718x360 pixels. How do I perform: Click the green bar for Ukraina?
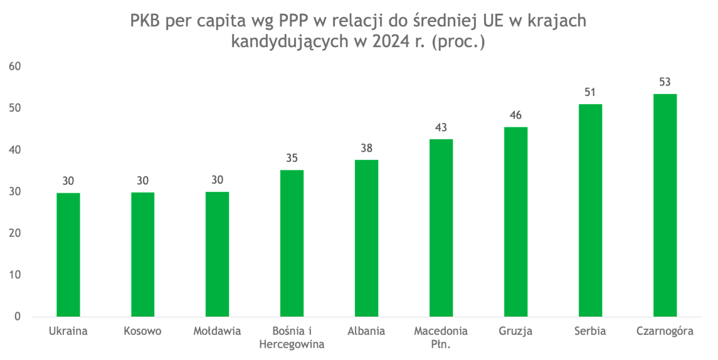click(68, 254)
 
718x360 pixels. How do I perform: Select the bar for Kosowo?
click(143, 254)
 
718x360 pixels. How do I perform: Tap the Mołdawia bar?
click(218, 254)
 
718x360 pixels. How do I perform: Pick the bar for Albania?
click(366, 238)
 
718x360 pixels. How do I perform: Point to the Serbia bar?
click(590, 210)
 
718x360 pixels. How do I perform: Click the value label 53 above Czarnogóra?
click(665, 82)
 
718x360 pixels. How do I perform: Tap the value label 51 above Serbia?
click(590, 92)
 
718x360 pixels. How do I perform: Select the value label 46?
click(515, 115)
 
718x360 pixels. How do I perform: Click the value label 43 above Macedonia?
click(441, 128)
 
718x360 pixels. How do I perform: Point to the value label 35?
click(292, 158)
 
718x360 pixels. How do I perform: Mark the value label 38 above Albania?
click(366, 149)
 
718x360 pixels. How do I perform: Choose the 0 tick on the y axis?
click(18, 317)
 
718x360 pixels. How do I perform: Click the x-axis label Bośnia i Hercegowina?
click(292, 337)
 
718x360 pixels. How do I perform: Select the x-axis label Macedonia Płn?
click(441, 337)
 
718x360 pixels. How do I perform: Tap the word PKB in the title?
click(146, 21)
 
